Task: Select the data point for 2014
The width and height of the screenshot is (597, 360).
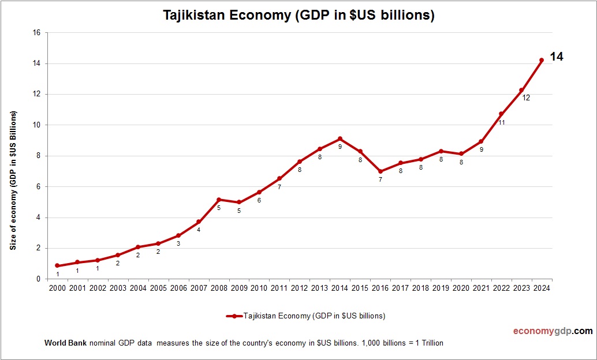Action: coord(340,138)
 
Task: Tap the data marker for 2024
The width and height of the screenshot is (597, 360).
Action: coord(542,60)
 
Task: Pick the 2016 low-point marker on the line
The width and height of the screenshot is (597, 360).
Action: coord(380,171)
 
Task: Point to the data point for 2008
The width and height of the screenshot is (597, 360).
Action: coord(219,200)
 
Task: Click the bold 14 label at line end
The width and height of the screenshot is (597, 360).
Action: coord(556,57)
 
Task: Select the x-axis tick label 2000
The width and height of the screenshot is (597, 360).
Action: coord(57,288)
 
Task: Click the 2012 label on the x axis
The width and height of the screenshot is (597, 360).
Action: coord(299,288)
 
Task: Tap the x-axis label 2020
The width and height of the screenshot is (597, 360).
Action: coord(461,288)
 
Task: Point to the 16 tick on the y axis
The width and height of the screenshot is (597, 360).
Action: coord(36,33)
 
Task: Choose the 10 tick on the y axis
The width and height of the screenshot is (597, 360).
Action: coord(36,125)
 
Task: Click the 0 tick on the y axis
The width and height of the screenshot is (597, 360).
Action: coord(38,279)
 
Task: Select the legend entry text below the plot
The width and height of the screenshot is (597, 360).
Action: coord(314,316)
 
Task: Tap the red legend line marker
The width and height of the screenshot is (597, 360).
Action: coord(234,316)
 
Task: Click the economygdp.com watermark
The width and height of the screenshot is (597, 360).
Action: coord(553,331)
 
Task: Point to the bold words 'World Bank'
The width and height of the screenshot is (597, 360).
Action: coord(65,343)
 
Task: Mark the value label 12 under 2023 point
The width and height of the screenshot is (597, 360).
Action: coord(526,98)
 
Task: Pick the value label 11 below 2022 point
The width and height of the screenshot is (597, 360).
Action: coord(502,122)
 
